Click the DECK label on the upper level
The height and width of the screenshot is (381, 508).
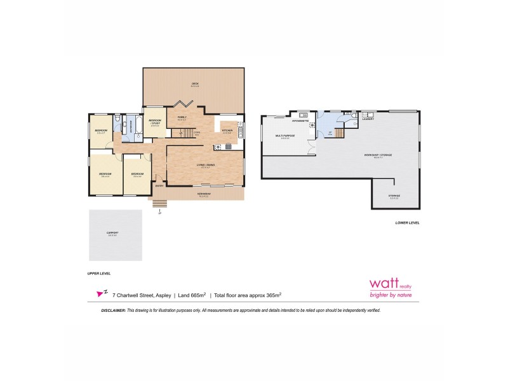(x=195, y=84)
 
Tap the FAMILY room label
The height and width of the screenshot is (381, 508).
(x=182, y=117)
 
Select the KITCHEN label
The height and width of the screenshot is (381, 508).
(x=227, y=130)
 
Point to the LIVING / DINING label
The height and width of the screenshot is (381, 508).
(x=206, y=164)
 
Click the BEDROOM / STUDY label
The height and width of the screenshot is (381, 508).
(x=155, y=121)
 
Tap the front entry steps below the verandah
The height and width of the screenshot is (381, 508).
(x=159, y=204)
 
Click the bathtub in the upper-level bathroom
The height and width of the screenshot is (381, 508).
(x=136, y=125)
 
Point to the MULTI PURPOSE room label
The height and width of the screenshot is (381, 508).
(x=284, y=136)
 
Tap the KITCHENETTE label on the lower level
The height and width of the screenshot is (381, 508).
(x=301, y=120)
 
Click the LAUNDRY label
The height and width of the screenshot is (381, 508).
(x=368, y=119)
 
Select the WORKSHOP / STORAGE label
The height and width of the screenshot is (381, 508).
(x=377, y=155)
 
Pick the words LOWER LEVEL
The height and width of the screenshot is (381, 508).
(x=407, y=223)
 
